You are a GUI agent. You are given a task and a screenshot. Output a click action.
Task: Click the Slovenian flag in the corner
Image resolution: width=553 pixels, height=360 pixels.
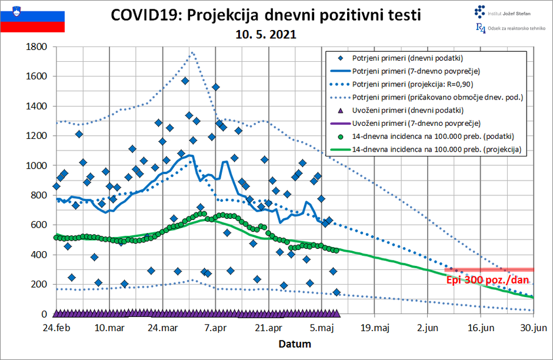[x=32, y=17]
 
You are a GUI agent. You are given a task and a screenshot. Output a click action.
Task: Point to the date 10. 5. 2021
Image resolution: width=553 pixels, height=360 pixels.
[x=266, y=35]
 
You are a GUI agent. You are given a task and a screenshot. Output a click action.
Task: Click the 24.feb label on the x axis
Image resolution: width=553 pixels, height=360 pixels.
[x=56, y=328]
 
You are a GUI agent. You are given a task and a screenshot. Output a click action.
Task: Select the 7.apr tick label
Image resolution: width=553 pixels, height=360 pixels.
[x=216, y=328]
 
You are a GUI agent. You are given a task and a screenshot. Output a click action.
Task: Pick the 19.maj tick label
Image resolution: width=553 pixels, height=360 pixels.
[x=375, y=328]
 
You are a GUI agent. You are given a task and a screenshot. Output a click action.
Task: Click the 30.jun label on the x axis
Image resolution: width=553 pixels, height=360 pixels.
[x=533, y=328]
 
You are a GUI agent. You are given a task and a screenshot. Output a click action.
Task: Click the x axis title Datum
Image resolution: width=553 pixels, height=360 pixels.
[x=295, y=344]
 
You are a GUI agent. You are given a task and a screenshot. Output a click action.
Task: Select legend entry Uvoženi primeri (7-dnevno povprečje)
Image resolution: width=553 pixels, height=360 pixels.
[x=417, y=123]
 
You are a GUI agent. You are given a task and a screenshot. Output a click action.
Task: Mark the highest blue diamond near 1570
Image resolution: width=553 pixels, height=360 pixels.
[x=185, y=81]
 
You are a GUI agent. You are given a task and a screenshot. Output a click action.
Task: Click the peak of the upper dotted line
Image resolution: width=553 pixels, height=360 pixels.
[x=192, y=52]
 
